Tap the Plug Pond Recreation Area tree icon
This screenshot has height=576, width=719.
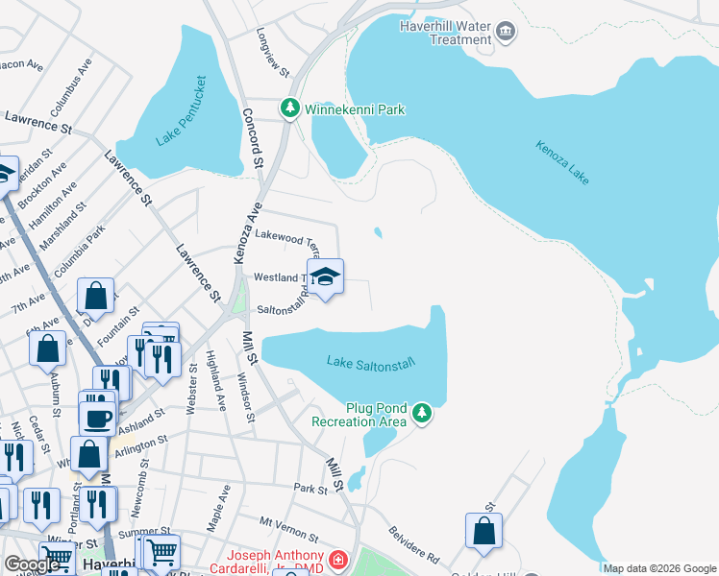pyautogui.click(x=420, y=413)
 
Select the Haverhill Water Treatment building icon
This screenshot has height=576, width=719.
pyautogui.click(x=505, y=34)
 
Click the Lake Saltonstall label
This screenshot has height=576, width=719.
pyautogui.click(x=370, y=362)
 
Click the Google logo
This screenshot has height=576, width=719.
pyautogui.click(x=32, y=564)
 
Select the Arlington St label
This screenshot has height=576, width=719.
pyautogui.click(x=141, y=443)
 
